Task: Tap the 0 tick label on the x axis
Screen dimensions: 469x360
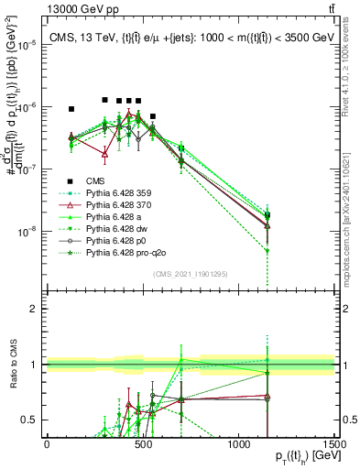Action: (47, 444)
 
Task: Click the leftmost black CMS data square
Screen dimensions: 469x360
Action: (71, 109)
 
